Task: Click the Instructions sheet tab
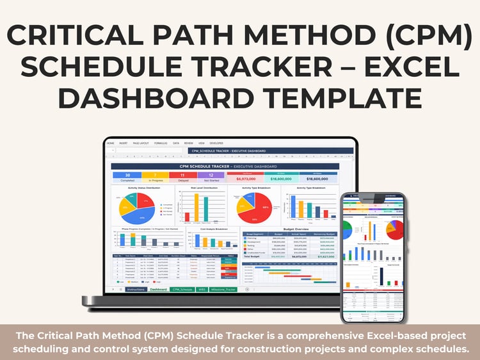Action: click(x=136, y=290)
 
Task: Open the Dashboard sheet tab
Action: click(x=158, y=290)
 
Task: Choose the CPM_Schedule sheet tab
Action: click(x=182, y=290)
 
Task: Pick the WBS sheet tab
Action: click(x=202, y=290)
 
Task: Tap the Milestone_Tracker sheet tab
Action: click(x=223, y=290)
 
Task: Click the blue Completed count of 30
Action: click(x=128, y=175)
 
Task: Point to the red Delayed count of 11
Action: click(x=183, y=175)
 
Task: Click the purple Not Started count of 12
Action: click(x=211, y=175)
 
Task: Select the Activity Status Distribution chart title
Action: click(x=144, y=188)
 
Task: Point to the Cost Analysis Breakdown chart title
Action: click(x=212, y=228)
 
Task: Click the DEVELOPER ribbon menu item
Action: click(x=217, y=143)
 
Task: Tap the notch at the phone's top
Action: click(x=372, y=195)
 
